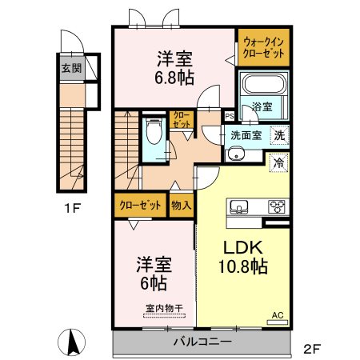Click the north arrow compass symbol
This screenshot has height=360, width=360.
coord(71,342)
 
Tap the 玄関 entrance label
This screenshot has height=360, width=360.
coord(71,68)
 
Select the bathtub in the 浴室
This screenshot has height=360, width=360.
coord(263,84)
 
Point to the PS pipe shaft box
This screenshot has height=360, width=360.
coord(230,116)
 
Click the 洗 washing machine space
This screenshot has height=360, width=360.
coord(279,135)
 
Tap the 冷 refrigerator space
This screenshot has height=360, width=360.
coord(279,162)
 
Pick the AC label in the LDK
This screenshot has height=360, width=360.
coord(278,315)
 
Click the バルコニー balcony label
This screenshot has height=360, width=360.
coord(202,342)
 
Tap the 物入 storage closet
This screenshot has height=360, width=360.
coord(182,205)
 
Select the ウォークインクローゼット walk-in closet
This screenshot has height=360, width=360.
coord(264,47)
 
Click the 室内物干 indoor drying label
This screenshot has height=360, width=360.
coord(164,309)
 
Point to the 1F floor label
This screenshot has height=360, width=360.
coord(72,208)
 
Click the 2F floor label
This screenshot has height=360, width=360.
coord(312,349)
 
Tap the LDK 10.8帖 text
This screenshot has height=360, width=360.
coord(243,257)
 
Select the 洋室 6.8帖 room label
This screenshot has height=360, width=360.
coord(174,68)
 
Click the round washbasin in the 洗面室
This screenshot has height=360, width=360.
coord(234,154)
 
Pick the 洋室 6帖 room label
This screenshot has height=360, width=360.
coord(154,274)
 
